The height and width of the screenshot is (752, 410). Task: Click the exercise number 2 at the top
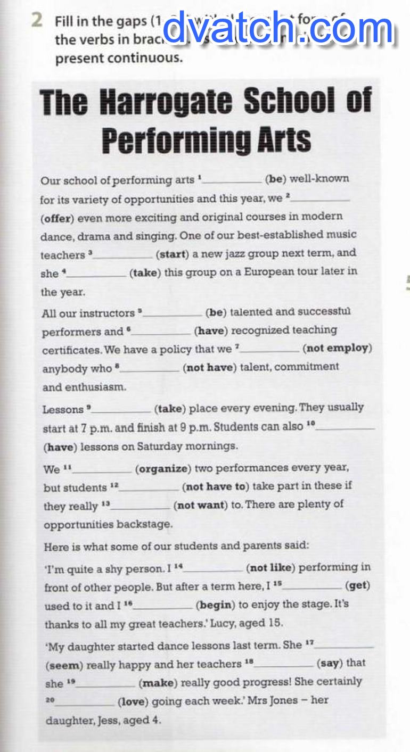coord(36,20)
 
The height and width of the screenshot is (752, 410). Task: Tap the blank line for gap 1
coord(233,181)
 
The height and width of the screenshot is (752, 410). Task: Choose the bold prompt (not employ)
coord(337,349)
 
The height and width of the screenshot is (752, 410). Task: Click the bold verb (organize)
coord(162,469)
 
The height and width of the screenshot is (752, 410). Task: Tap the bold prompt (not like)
coord(270,568)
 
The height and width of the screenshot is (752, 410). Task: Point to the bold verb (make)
coord(157,682)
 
